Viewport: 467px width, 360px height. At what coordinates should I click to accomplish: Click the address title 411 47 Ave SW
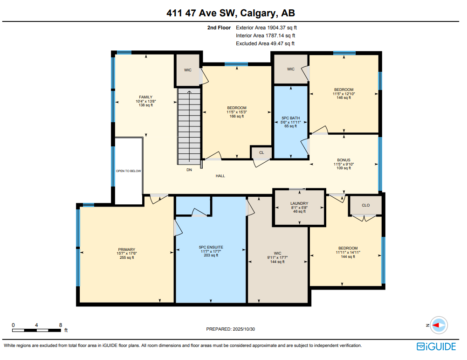click(x=233, y=13)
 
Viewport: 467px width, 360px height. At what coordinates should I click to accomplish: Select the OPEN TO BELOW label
click(x=128, y=171)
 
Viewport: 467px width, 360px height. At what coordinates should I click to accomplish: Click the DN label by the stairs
click(x=189, y=170)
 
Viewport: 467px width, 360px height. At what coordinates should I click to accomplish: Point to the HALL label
click(x=220, y=176)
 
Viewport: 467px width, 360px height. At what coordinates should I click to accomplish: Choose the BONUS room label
click(x=343, y=160)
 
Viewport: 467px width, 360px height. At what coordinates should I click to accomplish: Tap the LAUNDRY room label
click(x=299, y=203)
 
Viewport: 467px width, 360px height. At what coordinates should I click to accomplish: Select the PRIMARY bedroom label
click(x=126, y=249)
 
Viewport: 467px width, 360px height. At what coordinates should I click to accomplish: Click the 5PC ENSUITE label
click(x=211, y=247)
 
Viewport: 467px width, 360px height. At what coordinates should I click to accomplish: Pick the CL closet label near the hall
click(x=261, y=152)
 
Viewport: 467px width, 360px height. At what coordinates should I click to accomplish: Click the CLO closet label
click(x=366, y=205)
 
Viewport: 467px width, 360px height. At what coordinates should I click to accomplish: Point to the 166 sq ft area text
click(x=236, y=116)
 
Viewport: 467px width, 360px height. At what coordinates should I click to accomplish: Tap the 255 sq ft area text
click(x=126, y=257)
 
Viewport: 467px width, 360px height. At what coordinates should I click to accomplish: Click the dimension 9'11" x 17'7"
click(x=277, y=257)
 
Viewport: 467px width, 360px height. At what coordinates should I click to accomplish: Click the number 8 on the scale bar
click(x=61, y=325)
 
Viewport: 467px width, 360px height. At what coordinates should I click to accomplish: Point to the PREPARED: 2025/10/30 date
click(x=230, y=329)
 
